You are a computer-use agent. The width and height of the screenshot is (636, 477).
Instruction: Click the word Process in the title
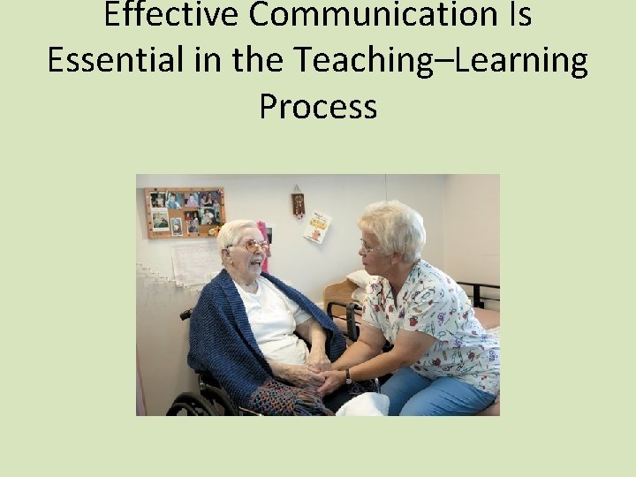(318, 106)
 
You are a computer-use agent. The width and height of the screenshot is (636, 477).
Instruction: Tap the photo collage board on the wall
(185, 211)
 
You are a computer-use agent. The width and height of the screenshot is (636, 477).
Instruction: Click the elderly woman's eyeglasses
(251, 246)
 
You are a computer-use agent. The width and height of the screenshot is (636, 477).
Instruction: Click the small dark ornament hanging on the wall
(298, 204)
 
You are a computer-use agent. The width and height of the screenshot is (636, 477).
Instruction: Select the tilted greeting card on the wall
(317, 227)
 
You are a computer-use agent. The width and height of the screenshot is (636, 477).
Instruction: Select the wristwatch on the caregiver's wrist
(350, 375)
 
